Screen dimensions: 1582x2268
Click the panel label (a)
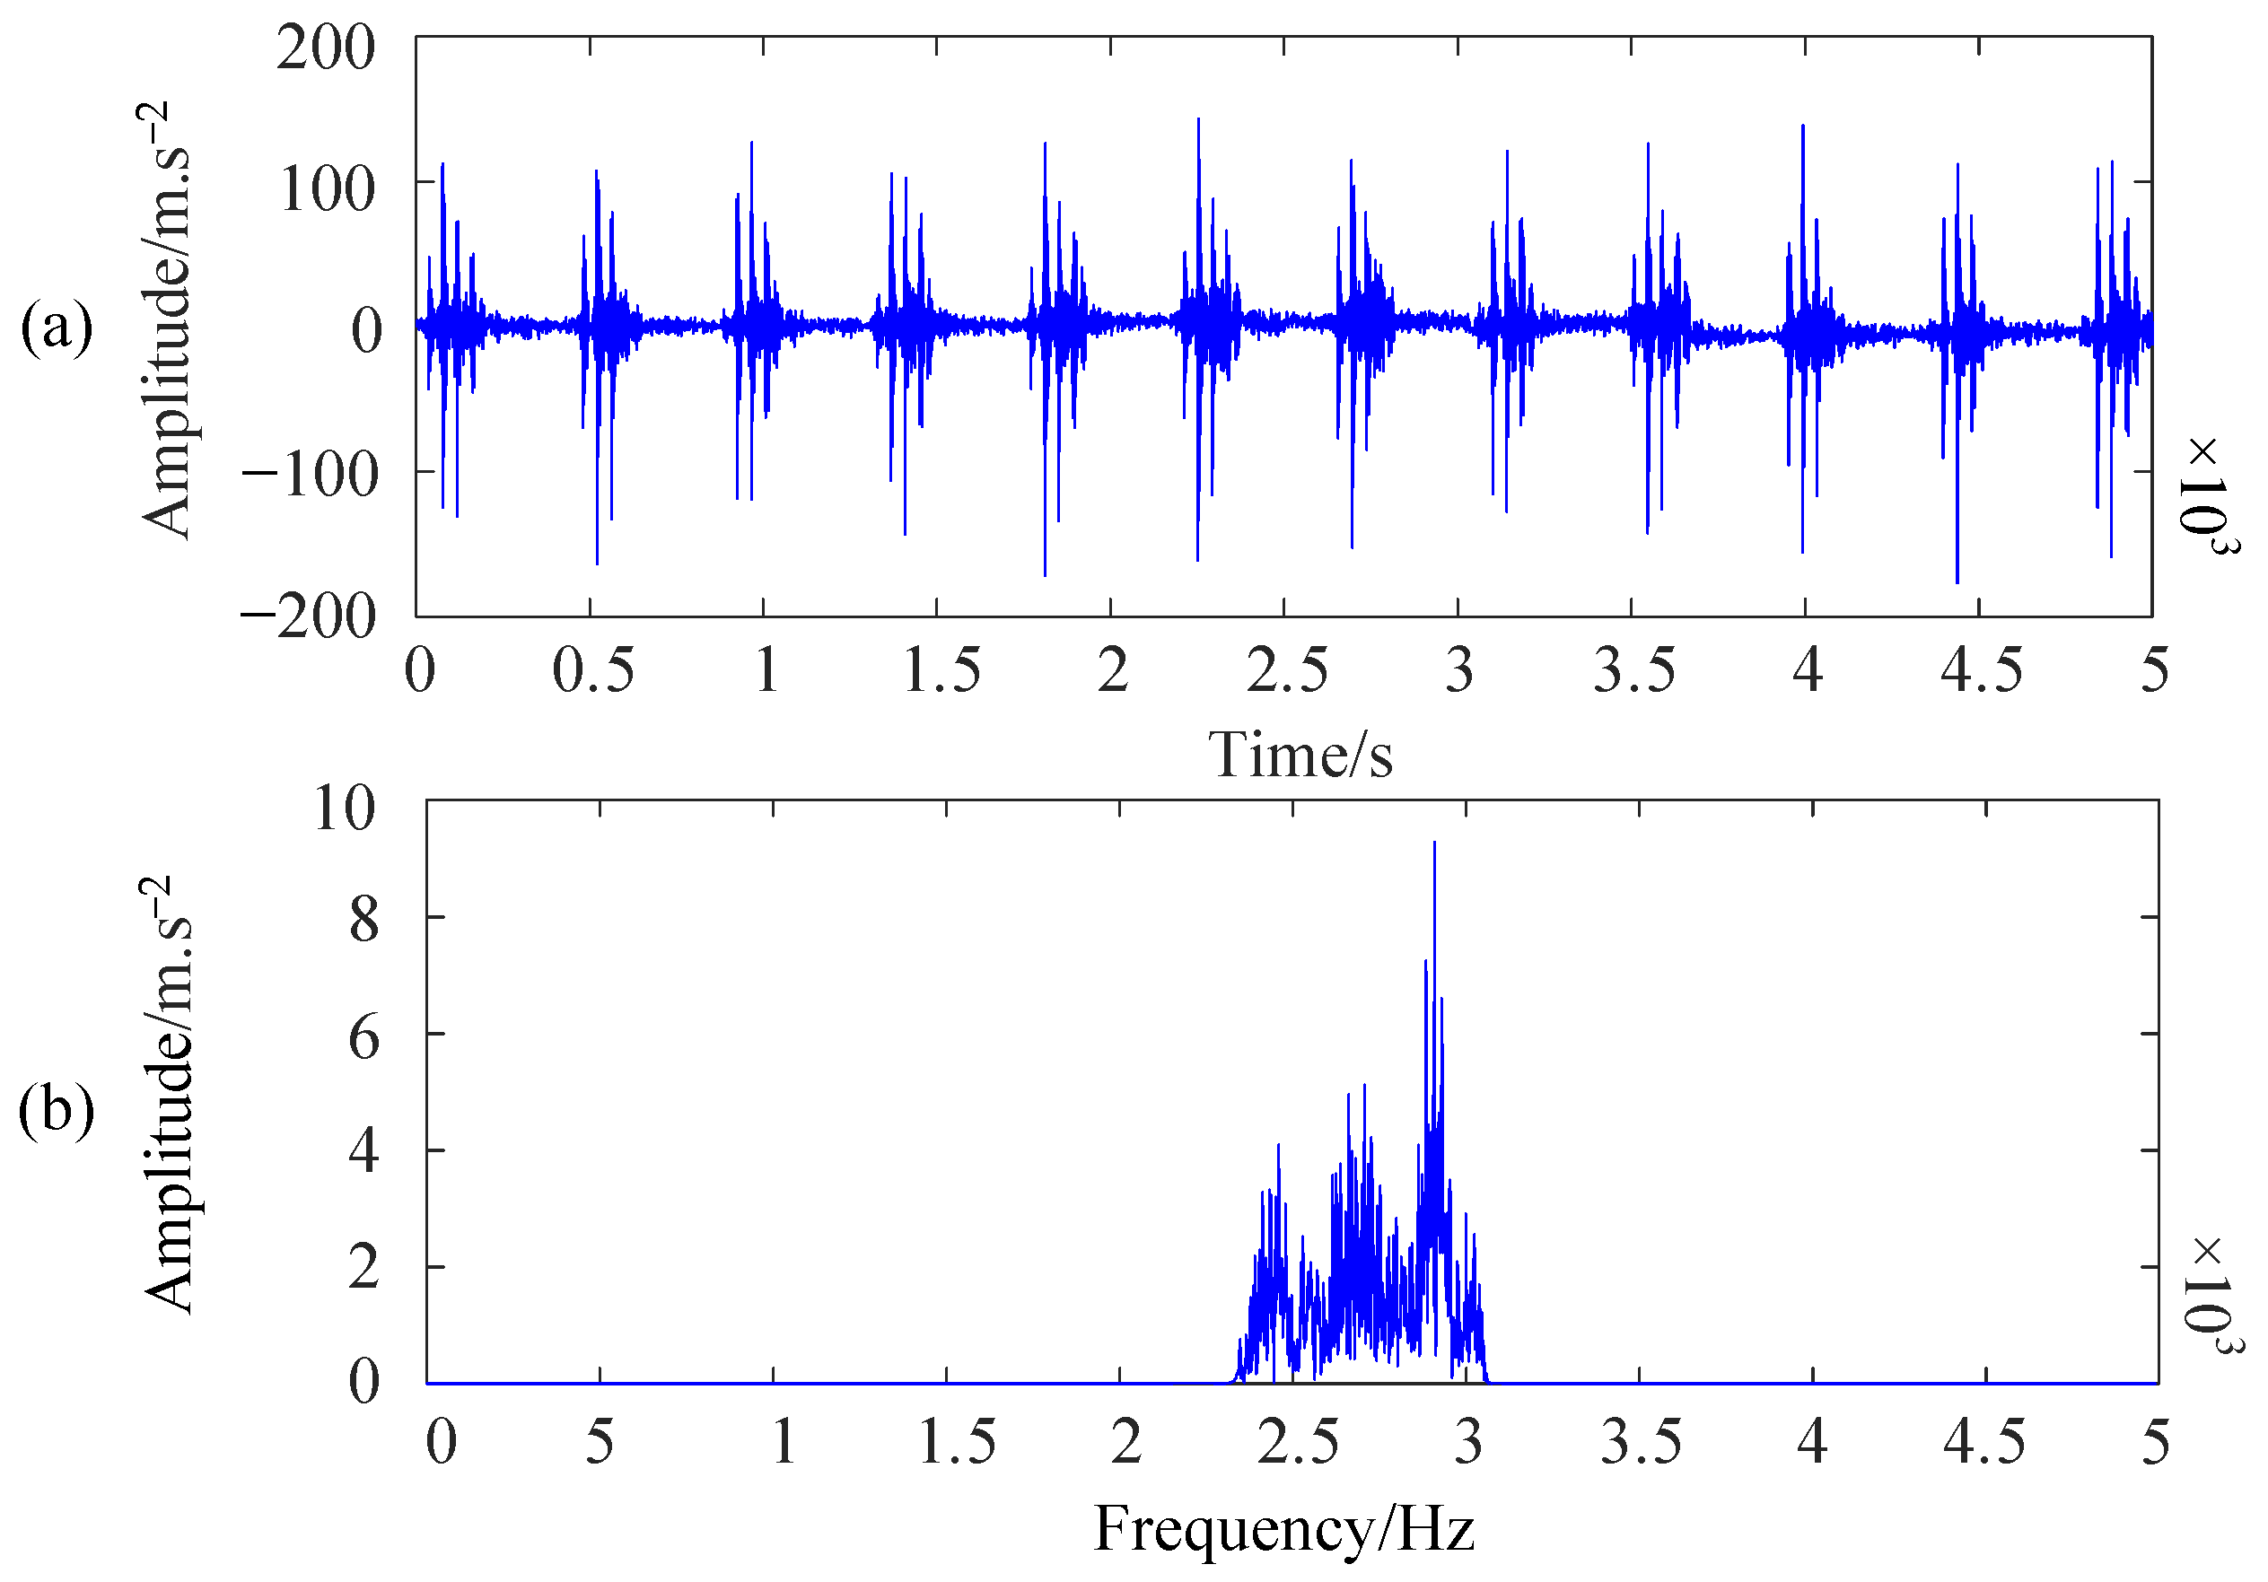pos(57,328)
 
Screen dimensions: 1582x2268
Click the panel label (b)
pos(57,1110)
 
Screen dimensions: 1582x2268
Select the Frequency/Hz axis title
pos(1283,1529)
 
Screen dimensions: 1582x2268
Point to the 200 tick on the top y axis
pos(326,48)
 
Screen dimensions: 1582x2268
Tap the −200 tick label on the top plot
pos(309,617)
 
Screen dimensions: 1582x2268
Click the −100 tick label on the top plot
pos(309,474)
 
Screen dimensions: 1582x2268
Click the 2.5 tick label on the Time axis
pos(1286,670)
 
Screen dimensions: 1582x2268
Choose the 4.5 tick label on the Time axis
pos(1981,670)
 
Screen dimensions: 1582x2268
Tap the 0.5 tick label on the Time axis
pos(592,670)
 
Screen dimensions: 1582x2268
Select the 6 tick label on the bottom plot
pos(363,1038)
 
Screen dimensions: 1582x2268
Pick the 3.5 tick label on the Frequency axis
pos(1641,1443)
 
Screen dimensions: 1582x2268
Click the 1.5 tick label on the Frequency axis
pos(956,1443)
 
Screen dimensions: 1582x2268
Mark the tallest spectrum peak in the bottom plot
pos(1434,845)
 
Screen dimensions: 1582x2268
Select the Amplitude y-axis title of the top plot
pos(166,321)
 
